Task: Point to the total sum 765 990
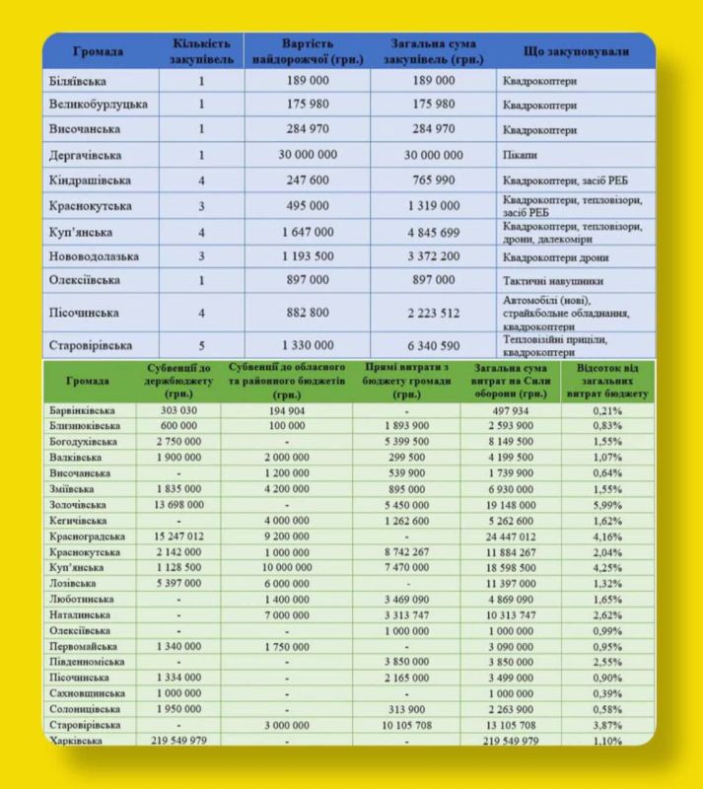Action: click(x=434, y=180)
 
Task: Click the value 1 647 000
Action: click(x=308, y=232)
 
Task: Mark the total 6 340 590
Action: click(x=434, y=345)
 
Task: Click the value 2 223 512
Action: click(x=434, y=313)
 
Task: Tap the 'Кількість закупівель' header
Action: click(x=201, y=51)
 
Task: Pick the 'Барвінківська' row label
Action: click(x=82, y=410)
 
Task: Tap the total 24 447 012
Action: click(x=511, y=536)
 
